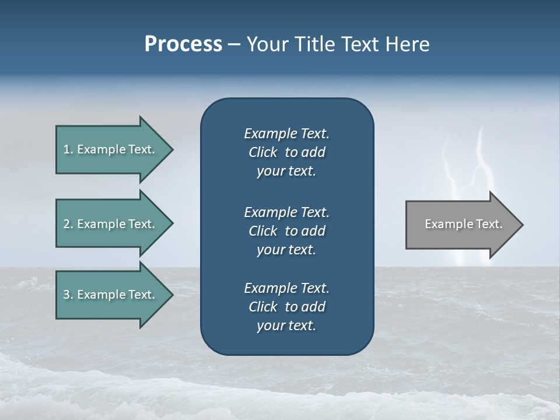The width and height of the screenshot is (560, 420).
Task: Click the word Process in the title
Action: click(x=183, y=44)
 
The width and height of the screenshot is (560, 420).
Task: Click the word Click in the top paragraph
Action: click(x=263, y=153)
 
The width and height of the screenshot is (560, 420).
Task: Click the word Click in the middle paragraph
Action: click(x=263, y=231)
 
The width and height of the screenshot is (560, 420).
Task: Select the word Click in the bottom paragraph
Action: click(x=263, y=307)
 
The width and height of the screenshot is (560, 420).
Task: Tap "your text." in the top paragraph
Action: click(x=286, y=171)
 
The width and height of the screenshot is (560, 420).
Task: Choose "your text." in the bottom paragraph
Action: click(x=286, y=326)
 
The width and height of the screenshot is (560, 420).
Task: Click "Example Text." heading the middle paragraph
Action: click(x=286, y=212)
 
